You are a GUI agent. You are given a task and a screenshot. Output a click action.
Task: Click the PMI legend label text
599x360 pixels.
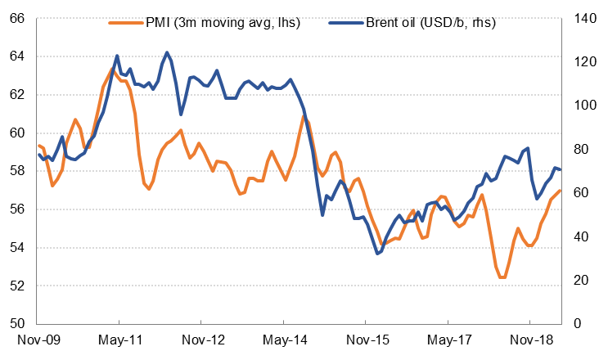223,22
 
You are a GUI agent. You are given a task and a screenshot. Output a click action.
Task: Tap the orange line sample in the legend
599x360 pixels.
123,22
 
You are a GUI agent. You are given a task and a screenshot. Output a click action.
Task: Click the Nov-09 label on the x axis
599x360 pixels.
38,338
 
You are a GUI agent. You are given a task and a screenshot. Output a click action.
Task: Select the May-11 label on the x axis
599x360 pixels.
119,338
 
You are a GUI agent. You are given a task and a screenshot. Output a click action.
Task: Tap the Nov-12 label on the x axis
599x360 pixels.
202,338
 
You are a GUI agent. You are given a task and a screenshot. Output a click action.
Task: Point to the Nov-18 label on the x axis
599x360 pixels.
529,338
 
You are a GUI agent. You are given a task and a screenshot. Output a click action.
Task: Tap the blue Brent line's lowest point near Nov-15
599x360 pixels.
377,254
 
